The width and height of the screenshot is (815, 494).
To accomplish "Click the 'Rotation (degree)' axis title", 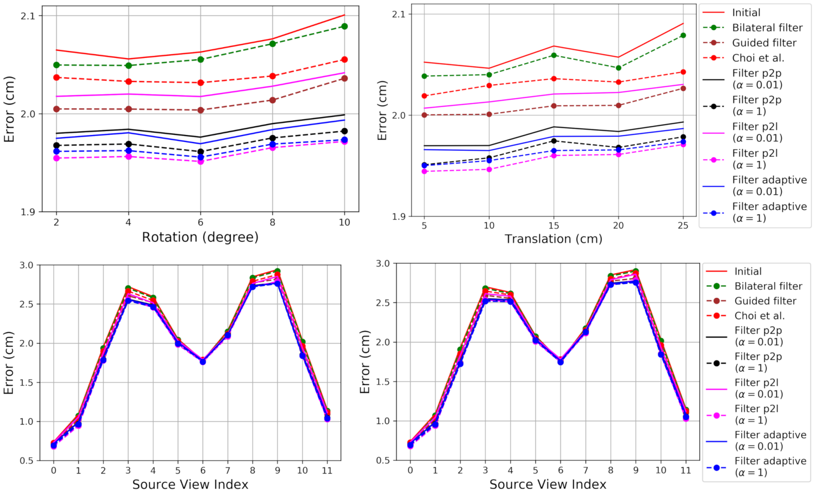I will coord(200,237).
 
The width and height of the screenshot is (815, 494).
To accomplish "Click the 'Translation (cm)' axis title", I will coord(553,239).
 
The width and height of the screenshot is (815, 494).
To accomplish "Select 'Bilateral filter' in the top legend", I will coord(767,28).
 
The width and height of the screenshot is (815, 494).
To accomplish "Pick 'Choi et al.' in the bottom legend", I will coord(759,316).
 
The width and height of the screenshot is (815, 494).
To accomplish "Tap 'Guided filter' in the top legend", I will coord(764,43).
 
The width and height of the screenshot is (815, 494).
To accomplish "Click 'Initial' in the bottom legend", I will coord(748,272).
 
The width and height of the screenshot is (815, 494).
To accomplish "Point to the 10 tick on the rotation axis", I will coord(344,222).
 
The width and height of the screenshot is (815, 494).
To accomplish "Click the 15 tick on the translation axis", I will coord(554,226).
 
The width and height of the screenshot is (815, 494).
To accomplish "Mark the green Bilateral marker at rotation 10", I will coord(344,26).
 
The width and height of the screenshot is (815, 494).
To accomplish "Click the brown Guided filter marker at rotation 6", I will coord(200,110).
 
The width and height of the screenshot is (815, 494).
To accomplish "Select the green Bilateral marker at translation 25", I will coord(683,35).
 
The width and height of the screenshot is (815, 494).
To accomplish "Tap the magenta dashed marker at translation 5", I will coord(424,172).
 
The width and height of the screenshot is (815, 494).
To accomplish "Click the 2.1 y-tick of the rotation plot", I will coord(28,16).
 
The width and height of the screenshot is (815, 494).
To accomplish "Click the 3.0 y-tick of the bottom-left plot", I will coord(26,265).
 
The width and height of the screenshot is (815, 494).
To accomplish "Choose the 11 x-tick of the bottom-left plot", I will coord(327,471).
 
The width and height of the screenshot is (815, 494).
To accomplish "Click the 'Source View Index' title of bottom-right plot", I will coord(548,484).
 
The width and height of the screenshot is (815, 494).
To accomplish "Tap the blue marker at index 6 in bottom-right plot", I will coord(560,362).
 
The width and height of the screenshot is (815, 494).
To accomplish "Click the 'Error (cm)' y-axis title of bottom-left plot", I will coord(9,363).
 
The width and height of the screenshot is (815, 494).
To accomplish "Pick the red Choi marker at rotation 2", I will coord(56,78).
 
